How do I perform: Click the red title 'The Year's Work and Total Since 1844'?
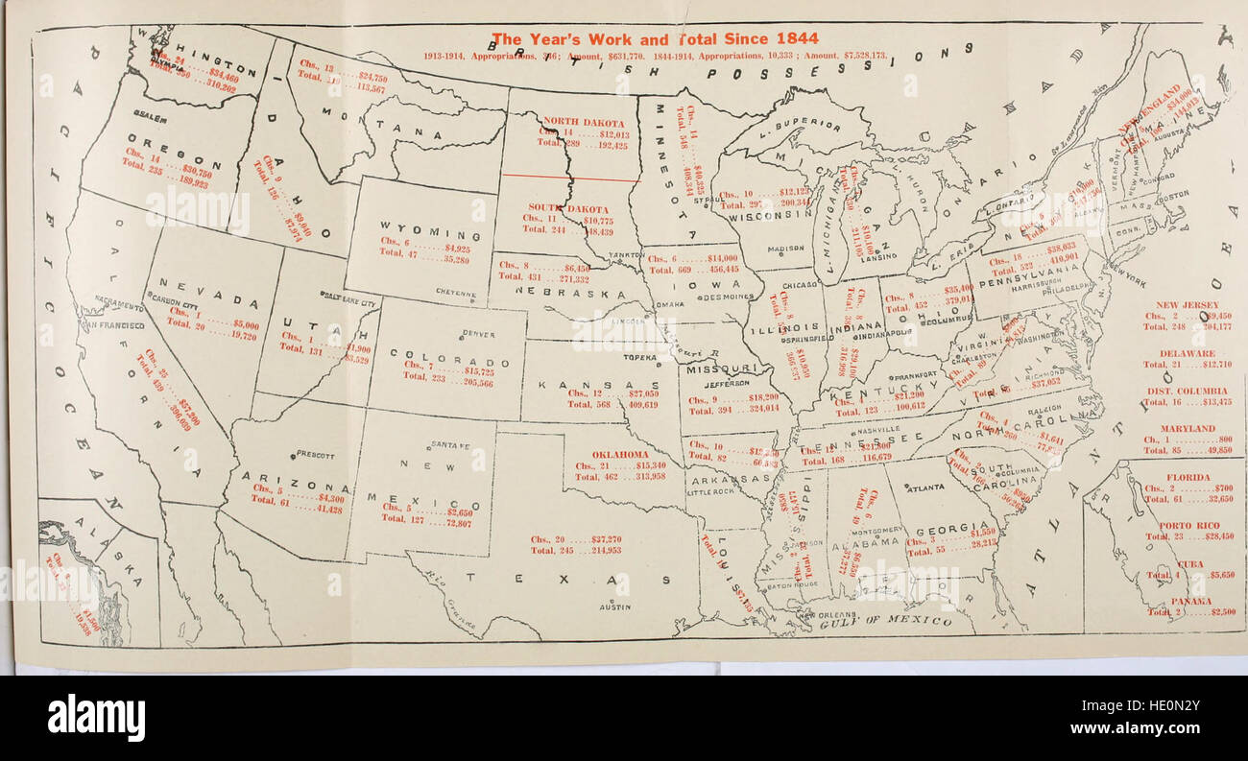pos(655,39)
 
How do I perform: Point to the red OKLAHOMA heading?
pos(620,454)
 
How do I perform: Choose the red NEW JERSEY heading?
pos(1187,304)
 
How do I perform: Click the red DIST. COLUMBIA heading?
pos(1187,392)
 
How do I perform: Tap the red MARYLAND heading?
pos(1187,428)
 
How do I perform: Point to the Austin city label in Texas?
pos(613,607)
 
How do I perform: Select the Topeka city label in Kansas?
pos(639,357)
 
